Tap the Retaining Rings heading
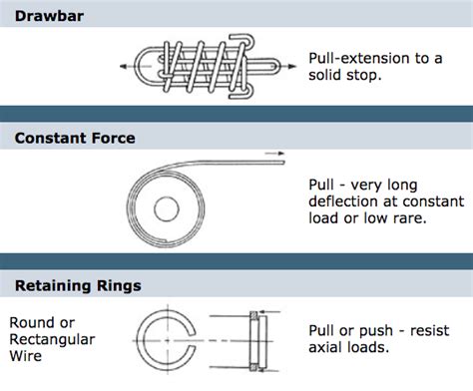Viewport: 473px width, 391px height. (77, 286)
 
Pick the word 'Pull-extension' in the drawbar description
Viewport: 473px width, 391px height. (358, 60)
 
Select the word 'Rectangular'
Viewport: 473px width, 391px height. (52, 340)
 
